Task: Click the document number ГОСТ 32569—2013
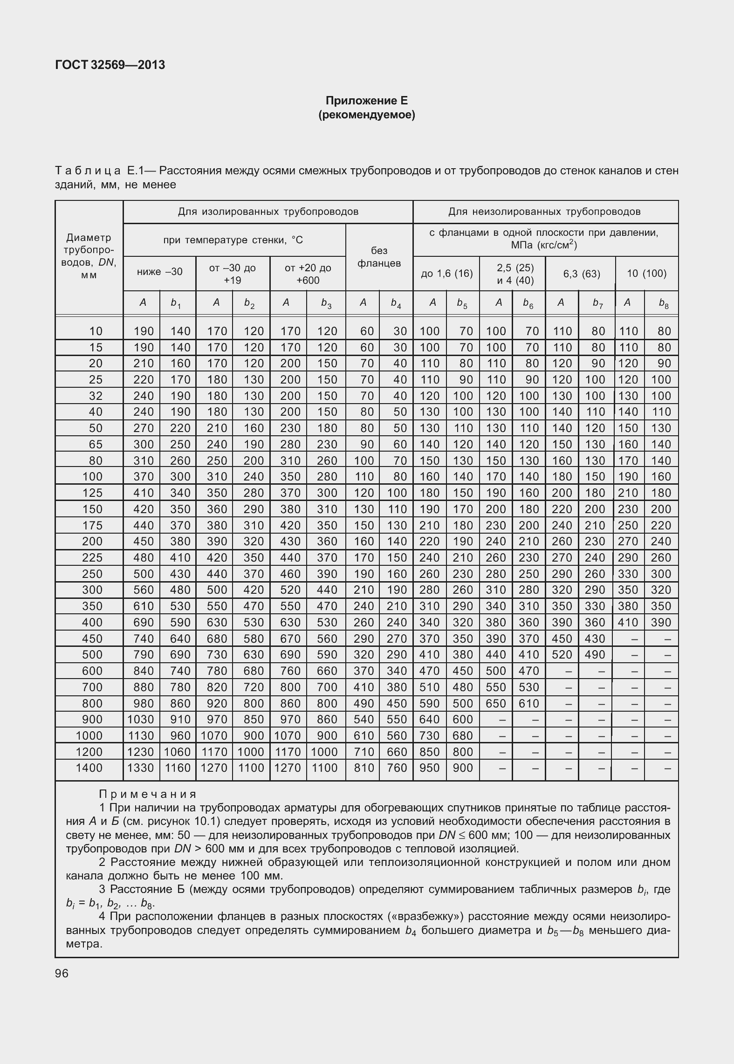[x=110, y=65]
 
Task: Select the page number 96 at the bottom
[x=62, y=974]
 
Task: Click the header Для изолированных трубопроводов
[x=268, y=212]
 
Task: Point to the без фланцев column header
[x=379, y=257]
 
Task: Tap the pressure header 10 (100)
[x=646, y=274]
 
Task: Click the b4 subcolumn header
[x=396, y=303]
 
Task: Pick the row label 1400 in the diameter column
[x=89, y=768]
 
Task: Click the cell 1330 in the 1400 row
[x=141, y=768]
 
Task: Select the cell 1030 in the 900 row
[x=141, y=719]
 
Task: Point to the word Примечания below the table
[x=148, y=794]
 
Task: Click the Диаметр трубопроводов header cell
[x=89, y=256]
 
